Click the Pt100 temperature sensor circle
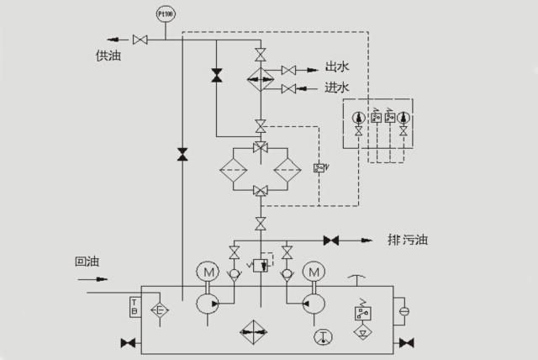[x=165, y=13]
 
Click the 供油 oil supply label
[x=109, y=56]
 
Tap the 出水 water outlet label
[x=337, y=67]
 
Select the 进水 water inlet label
[x=337, y=87]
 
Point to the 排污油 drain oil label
[x=408, y=240]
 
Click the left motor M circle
[x=207, y=272]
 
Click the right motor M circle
[x=314, y=272]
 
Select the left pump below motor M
[x=207, y=304]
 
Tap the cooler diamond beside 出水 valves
[x=261, y=79]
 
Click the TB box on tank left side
[x=134, y=306]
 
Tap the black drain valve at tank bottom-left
[x=129, y=343]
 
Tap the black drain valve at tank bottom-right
[x=407, y=343]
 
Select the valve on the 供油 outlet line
[x=140, y=40]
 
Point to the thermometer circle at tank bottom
[x=322, y=337]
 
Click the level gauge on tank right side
[x=403, y=311]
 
